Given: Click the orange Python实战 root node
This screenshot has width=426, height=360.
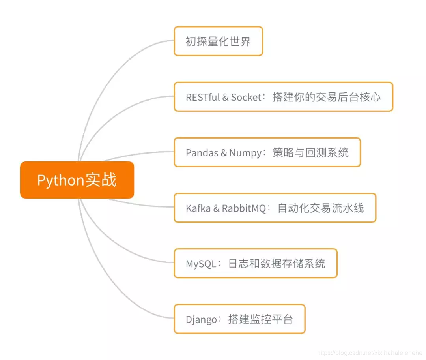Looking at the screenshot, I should [x=77, y=180].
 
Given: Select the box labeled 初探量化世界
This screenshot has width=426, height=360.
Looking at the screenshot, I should [x=218, y=41].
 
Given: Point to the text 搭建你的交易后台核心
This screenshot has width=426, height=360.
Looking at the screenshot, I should [x=327, y=97].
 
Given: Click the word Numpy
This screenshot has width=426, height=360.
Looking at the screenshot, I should [x=245, y=153].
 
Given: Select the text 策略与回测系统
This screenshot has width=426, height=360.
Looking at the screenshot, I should [x=311, y=153].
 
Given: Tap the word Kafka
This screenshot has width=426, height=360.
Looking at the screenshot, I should [x=198, y=208].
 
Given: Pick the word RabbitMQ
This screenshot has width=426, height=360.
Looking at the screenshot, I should [x=244, y=208].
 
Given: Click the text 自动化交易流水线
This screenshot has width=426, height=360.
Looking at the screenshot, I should [x=321, y=208].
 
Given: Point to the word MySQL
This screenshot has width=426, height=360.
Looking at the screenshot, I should [x=201, y=264].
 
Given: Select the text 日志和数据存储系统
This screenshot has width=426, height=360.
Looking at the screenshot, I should [x=277, y=264].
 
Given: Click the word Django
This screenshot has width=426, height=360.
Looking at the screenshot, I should [x=201, y=319].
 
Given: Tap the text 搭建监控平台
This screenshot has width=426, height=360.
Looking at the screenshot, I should [x=261, y=319].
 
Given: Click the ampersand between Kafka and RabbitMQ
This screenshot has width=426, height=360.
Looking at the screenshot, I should [x=216, y=208].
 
